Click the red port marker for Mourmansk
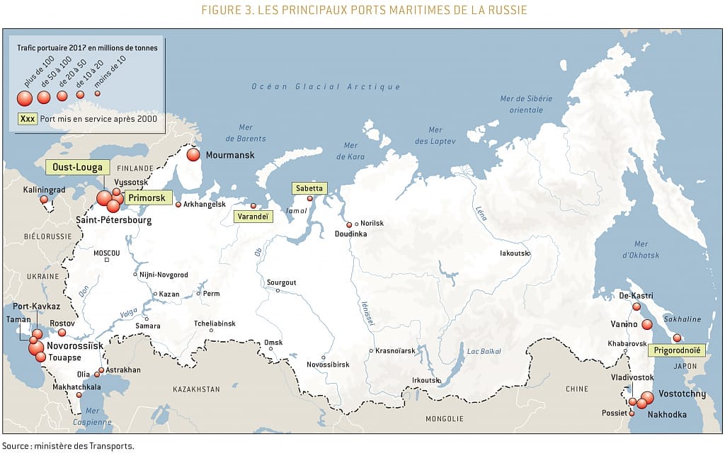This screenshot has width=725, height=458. click(x=193, y=154)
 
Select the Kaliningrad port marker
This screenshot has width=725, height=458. click(x=44, y=200)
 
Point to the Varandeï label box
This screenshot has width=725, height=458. click(x=253, y=216)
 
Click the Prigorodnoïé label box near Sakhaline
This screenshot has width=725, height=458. click(x=676, y=350)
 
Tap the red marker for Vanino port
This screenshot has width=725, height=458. click(x=646, y=324)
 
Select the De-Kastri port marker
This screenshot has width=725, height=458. click(x=636, y=307)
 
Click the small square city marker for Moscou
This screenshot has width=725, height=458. click(x=107, y=260)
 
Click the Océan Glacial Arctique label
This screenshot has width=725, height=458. click(x=326, y=87)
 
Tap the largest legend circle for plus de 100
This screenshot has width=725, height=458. click(x=25, y=98)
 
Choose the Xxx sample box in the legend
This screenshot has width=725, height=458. click(x=28, y=119)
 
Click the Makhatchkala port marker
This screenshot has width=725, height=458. click(x=69, y=395)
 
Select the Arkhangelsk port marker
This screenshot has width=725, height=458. click(x=178, y=205)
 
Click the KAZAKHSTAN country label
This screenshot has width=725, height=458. click(x=196, y=389)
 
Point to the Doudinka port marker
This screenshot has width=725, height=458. click(x=349, y=225)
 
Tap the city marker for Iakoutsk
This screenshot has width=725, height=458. click(x=526, y=253)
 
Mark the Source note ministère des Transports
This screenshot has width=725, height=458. click(x=67, y=447)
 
